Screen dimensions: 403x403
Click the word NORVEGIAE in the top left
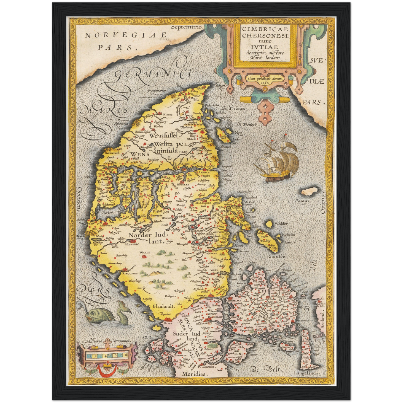(x=126, y=35)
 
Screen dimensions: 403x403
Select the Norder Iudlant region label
(x=148, y=238)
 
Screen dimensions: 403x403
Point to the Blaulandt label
(x=163, y=306)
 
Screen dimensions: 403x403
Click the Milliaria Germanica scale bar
(x=107, y=356)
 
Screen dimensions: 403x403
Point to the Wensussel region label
(x=163, y=136)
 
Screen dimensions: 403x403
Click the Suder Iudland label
(x=187, y=336)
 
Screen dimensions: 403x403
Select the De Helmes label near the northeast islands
(x=233, y=108)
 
